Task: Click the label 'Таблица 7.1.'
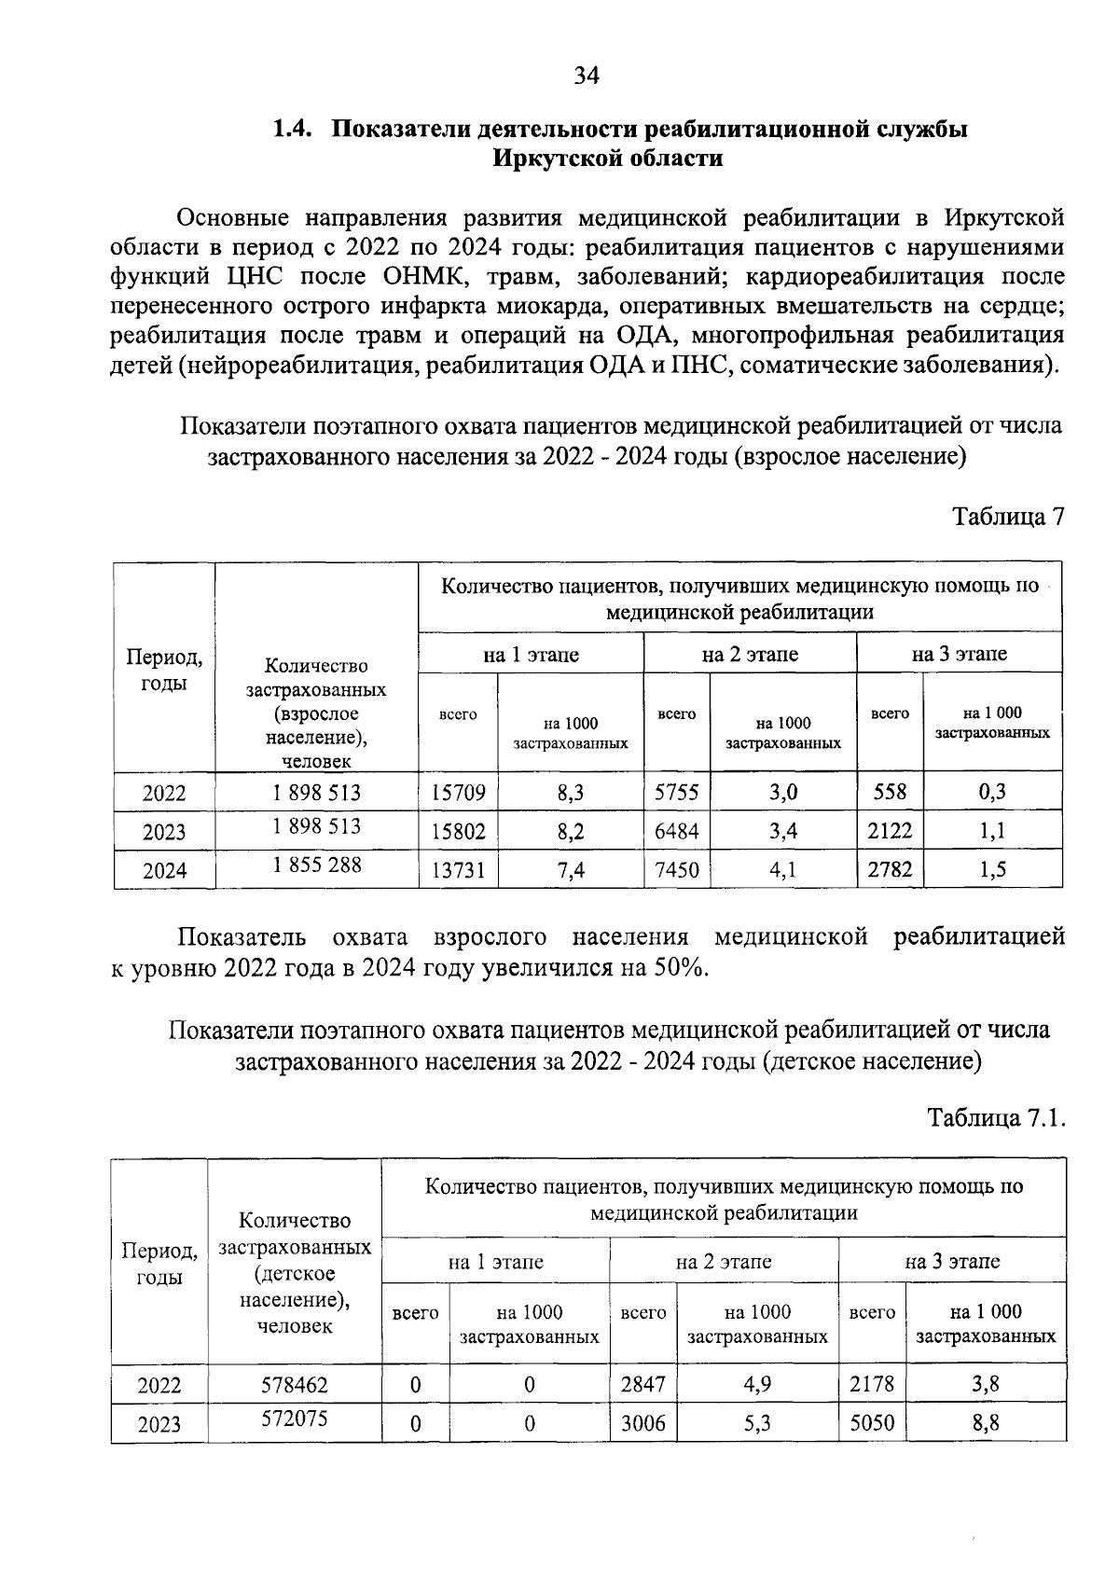[996, 1116]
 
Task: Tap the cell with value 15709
[458, 794]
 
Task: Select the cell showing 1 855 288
[317, 865]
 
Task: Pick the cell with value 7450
[676, 870]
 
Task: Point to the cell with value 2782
[890, 870]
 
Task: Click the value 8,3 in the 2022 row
[571, 794]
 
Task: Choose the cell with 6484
[676, 831]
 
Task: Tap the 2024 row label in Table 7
[164, 871]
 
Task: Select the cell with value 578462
[295, 1385]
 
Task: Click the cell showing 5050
[872, 1423]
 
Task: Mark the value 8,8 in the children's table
[986, 1423]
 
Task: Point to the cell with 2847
[643, 1385]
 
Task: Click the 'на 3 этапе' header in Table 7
[959, 654]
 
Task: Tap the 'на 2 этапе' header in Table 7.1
[724, 1262]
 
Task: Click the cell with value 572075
[295, 1419]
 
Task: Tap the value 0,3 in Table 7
[992, 793]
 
